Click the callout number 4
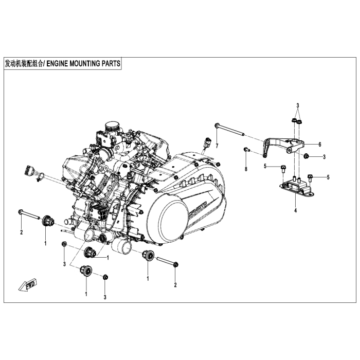coord(295,211)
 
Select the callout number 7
coord(217,146)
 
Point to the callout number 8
coord(246,169)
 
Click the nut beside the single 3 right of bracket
coord(306,156)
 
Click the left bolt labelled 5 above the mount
coord(283,168)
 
